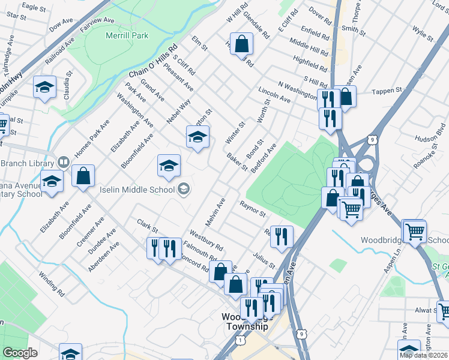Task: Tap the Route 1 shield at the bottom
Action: (x=241, y=340)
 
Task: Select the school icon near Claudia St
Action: (x=45, y=88)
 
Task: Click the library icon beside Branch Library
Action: (x=63, y=163)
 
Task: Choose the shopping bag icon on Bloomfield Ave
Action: (x=83, y=176)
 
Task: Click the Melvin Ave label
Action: (x=214, y=212)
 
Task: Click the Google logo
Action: (x=20, y=353)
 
